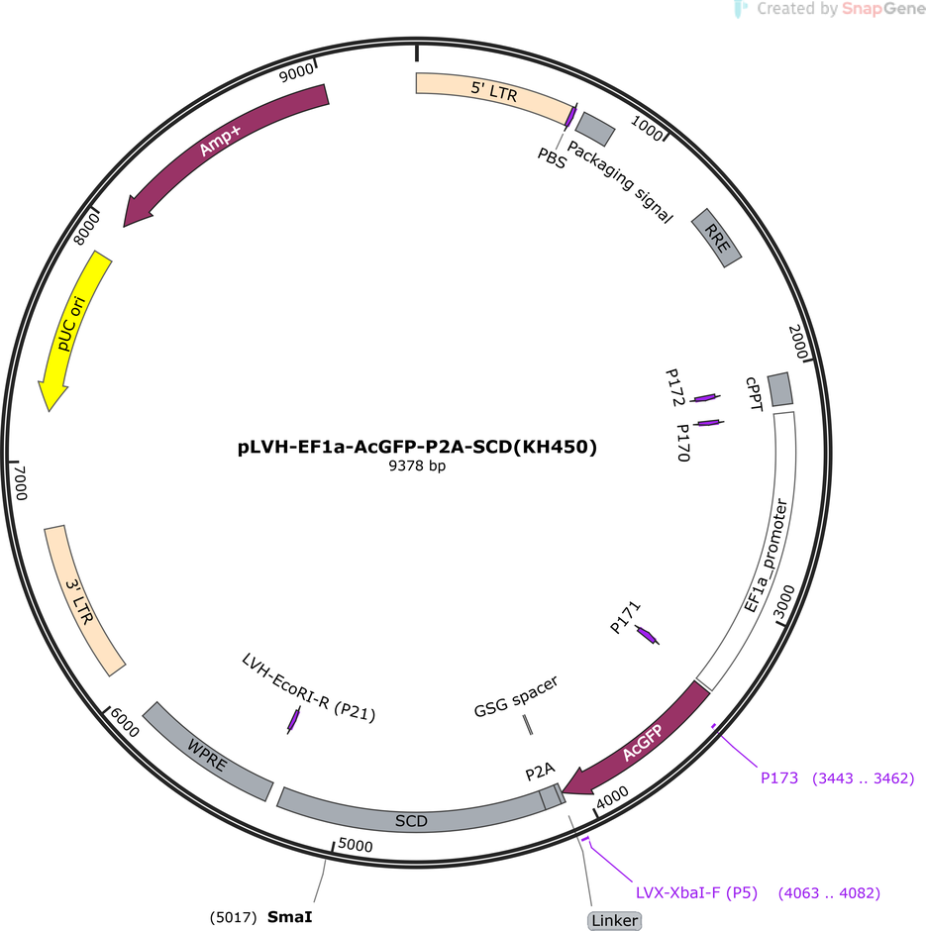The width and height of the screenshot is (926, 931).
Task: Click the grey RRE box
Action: coord(716,238)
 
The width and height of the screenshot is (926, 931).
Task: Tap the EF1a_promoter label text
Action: coord(766,556)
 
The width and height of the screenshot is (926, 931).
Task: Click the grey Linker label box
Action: coord(614,920)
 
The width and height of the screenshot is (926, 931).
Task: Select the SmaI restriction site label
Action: coord(289,917)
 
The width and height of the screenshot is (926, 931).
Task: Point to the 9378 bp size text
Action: coord(417,465)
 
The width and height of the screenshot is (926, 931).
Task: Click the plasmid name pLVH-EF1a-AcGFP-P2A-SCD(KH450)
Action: coord(417,447)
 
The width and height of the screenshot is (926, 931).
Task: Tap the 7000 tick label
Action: coord(20,482)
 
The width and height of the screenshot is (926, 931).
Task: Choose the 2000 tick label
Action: coord(798,342)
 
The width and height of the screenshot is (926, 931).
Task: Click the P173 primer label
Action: coord(778,777)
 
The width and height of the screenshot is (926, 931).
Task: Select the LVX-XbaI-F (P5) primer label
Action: coord(696,893)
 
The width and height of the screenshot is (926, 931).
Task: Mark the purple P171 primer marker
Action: coord(647,635)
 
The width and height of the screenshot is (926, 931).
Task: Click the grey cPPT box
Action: coord(780,389)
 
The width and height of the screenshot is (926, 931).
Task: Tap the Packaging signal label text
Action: coord(620,181)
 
